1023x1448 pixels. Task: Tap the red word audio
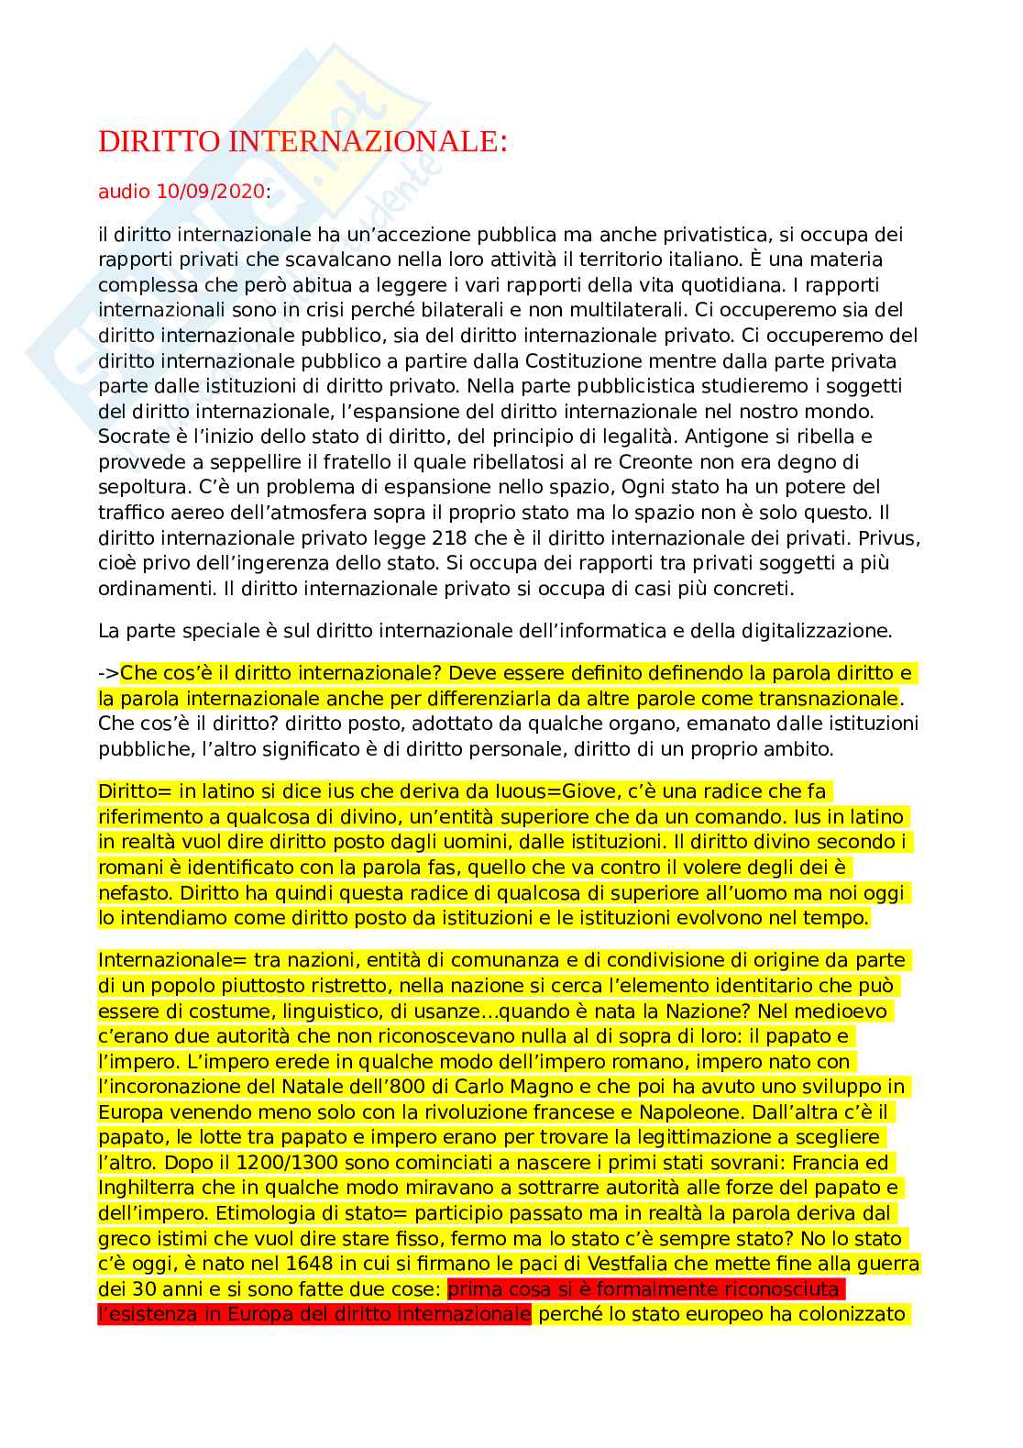pos(125,192)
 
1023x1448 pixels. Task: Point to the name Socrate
pos(134,437)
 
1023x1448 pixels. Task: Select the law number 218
pos(449,537)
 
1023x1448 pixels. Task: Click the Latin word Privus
pos(887,537)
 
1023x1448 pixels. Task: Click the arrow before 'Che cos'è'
pos(108,674)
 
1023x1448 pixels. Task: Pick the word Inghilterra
pos(148,1188)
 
